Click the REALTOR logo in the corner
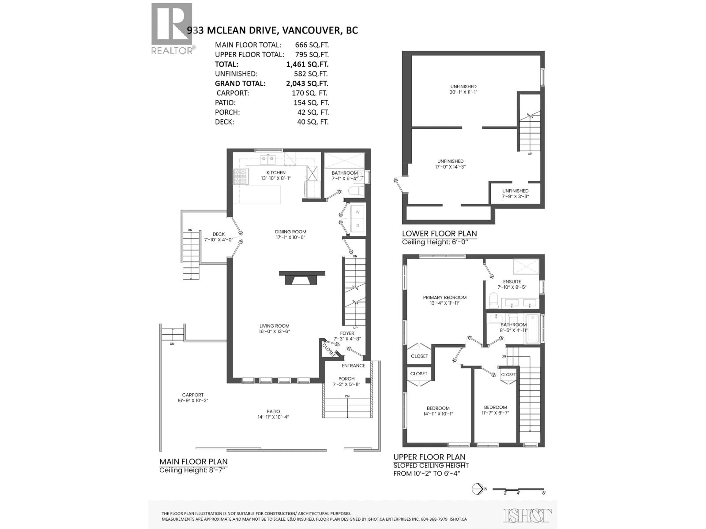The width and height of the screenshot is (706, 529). click(x=172, y=28)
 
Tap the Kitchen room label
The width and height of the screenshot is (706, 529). click(x=276, y=172)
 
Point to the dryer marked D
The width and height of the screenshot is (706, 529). click(x=357, y=225)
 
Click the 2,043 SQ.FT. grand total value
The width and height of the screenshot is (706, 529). click(x=307, y=84)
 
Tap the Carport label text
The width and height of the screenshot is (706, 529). click(x=193, y=395)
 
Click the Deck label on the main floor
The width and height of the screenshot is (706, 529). click(x=219, y=234)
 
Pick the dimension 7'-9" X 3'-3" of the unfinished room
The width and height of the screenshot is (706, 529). click(x=515, y=196)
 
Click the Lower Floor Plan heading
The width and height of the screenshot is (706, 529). click(x=439, y=233)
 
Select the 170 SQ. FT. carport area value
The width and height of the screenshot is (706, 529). click(x=309, y=93)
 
